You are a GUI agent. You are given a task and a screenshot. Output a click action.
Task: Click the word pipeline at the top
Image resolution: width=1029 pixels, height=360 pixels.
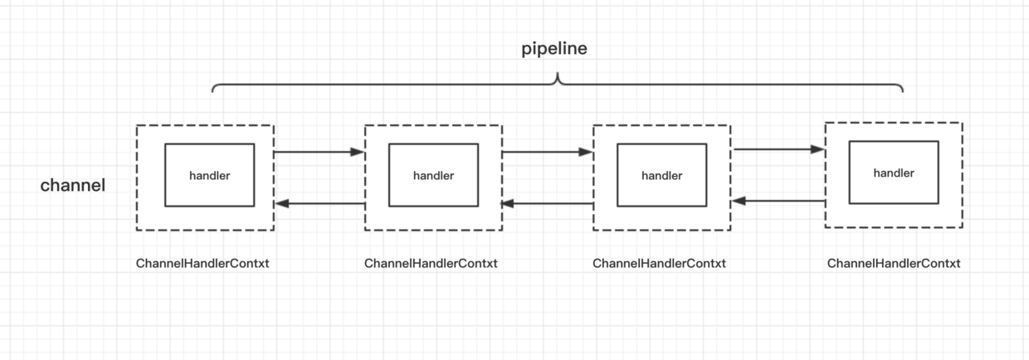coord(554,49)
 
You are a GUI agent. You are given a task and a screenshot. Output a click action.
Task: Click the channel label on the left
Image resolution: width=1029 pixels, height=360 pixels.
coord(73,186)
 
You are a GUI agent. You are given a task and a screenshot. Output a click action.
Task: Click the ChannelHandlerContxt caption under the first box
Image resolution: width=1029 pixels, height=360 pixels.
coord(202,264)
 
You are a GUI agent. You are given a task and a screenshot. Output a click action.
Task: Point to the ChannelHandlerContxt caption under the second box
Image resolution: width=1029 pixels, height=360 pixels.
coord(431,264)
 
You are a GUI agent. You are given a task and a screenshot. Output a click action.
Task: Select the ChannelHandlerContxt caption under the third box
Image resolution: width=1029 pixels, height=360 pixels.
coord(659,264)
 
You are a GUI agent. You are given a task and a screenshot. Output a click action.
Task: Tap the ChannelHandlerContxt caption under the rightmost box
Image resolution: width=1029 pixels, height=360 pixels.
coord(894,264)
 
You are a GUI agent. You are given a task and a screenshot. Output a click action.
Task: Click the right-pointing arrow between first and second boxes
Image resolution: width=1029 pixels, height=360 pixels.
coord(319,153)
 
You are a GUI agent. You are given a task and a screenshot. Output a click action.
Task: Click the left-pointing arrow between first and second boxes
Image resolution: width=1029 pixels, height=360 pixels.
coord(319,203)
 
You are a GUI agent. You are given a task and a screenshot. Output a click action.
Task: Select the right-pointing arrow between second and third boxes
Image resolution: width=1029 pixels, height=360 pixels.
coord(547,153)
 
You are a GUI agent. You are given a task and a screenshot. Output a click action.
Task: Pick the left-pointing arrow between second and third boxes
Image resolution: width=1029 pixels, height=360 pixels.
coord(547,203)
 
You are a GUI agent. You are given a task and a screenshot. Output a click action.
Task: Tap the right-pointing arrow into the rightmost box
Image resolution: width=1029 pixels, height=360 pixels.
coord(778,150)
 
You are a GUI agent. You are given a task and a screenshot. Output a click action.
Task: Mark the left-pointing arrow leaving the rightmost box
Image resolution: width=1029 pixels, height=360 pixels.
coord(778,201)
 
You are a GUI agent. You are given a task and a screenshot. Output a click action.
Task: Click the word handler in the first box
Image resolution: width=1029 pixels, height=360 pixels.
coord(209,176)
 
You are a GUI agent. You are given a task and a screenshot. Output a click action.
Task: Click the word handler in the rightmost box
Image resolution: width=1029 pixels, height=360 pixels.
coord(894,173)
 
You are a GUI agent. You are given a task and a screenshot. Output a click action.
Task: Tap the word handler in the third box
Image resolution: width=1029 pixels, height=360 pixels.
coord(661,176)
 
